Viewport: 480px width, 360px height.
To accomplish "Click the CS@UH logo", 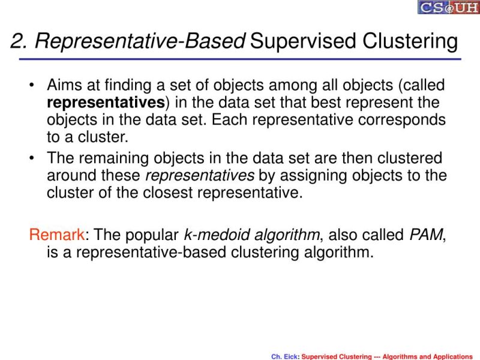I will (x=449, y=7).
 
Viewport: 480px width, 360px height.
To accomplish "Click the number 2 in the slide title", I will (x=17, y=42).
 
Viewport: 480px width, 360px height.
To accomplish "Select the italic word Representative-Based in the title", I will (x=140, y=42).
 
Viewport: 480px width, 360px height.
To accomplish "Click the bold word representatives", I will (x=106, y=103).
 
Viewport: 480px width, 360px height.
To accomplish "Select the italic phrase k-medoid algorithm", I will (x=252, y=235).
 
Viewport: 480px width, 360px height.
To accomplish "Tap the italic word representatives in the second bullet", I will (x=200, y=176).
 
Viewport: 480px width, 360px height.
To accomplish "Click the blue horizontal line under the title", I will (x=240, y=59).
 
